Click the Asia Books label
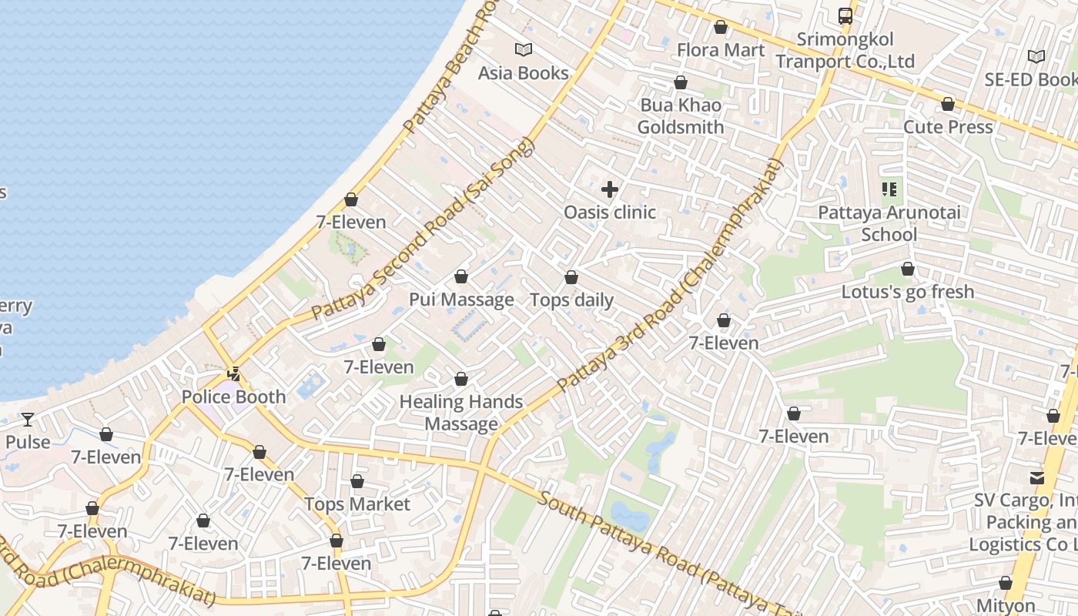pos(523,73)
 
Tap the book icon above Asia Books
pos(524,50)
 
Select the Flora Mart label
pos(721,50)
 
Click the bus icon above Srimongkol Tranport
pos(845,15)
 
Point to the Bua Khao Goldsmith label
pos(681,116)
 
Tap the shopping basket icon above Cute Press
pos(948,104)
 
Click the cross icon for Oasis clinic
pos(610,189)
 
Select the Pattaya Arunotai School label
pos(889,223)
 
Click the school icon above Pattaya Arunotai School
pos(889,189)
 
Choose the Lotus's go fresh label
pos(908,293)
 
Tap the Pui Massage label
pos(461,300)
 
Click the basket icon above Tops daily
pos(571,277)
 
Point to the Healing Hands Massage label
pos(461,413)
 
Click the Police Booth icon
pos(233,375)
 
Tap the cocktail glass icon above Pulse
pos(28,420)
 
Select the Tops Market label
pos(357,504)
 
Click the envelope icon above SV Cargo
pos(1036,477)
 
